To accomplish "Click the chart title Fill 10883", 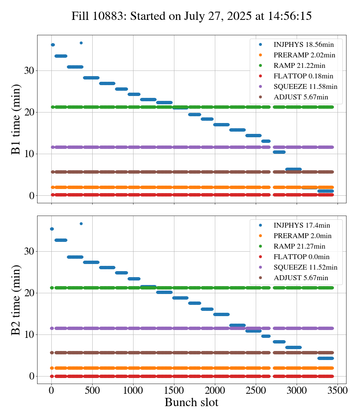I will point(192,16).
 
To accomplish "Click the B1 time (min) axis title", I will point(16,119).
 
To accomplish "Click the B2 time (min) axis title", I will point(16,300).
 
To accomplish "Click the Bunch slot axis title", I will point(191,402).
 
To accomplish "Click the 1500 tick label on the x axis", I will point(174,390).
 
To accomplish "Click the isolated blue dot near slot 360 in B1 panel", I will point(81,43).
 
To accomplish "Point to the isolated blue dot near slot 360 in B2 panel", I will point(81,223).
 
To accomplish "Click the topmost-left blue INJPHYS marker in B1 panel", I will point(52,45).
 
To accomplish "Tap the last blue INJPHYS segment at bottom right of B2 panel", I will point(325,358).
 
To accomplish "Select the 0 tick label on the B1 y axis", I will point(32,196).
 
